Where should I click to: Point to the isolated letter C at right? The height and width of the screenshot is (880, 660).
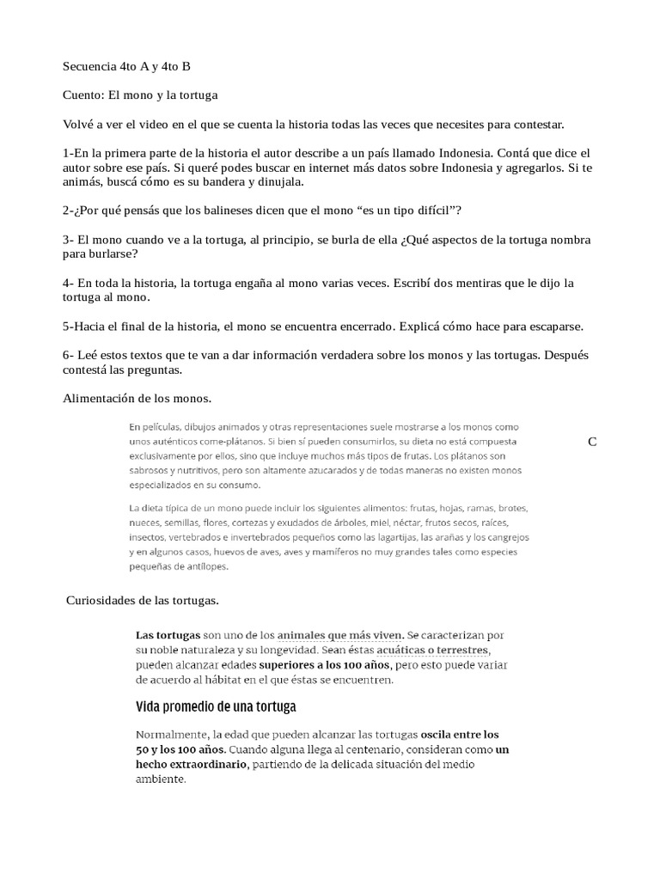click(x=592, y=442)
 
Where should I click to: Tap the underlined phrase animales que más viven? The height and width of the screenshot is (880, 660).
click(x=340, y=635)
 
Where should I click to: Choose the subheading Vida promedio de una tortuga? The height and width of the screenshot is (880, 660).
click(x=216, y=707)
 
